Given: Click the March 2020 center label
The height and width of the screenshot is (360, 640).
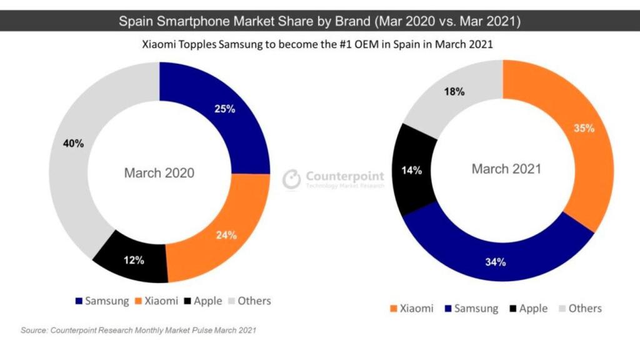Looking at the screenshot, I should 159,173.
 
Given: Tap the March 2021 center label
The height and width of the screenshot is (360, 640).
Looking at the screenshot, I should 506,169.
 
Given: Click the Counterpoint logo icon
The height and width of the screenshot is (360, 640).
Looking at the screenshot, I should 292,179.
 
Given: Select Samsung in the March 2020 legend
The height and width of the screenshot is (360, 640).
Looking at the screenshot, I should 106,301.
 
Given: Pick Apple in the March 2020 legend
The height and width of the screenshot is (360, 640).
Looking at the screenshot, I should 207,301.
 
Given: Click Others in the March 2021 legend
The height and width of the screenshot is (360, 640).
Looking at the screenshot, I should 584,308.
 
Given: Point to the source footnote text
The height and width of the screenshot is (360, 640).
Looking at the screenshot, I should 138,329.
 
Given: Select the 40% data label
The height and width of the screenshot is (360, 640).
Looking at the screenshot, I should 73,143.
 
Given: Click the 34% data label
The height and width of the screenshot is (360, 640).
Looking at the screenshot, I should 495,261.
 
